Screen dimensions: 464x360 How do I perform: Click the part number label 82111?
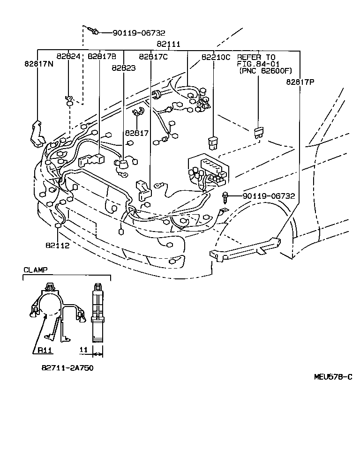pos(169,44)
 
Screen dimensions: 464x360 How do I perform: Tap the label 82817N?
pos(38,63)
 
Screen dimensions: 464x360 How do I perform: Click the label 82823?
pos(123,67)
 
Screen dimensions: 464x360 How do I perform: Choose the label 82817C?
pos(153,57)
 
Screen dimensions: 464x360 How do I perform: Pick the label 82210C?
pos(216,57)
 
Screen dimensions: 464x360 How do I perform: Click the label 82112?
pos(58,245)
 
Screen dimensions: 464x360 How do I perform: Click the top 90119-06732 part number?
pos(139,33)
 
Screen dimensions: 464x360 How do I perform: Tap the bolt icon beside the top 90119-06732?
pos(94,31)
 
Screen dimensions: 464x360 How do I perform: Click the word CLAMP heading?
pos(35,270)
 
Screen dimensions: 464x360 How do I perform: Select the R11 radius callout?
pos(45,350)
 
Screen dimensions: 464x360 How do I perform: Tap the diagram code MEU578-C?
pos(333,377)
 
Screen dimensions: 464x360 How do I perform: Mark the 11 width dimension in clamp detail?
pos(83,350)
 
